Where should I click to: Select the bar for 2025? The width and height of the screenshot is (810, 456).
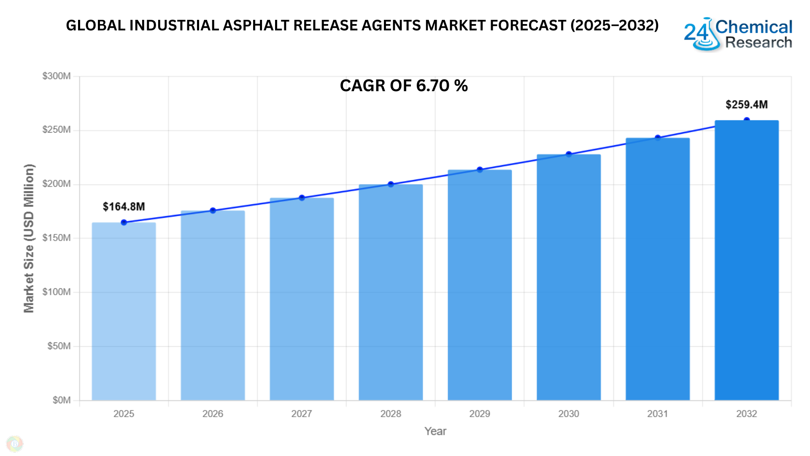[x=124, y=311]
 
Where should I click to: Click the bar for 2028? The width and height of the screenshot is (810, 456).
[x=391, y=292]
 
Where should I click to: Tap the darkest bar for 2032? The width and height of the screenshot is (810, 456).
[x=746, y=260]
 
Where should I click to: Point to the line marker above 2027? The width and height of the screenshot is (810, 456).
[x=302, y=198]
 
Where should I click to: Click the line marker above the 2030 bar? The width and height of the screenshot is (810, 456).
[x=569, y=154]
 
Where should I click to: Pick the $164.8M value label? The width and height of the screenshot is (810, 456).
[x=124, y=206]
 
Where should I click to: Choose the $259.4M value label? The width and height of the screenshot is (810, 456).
[x=746, y=104]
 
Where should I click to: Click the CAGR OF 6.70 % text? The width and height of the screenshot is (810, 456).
[x=404, y=86]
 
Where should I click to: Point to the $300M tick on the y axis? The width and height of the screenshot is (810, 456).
[x=57, y=76]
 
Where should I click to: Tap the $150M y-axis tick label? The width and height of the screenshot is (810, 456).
[x=57, y=238]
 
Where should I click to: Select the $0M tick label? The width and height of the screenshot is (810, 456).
[x=62, y=400]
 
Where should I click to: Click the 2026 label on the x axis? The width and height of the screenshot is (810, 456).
[x=213, y=414]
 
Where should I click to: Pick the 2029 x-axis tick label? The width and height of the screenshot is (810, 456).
[x=480, y=414]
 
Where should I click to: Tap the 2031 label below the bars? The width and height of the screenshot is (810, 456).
[x=657, y=414]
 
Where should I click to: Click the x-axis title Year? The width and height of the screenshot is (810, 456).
[x=435, y=431]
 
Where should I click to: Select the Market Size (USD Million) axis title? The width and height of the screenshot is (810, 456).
[x=29, y=238]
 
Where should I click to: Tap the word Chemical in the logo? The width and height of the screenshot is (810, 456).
[x=754, y=27]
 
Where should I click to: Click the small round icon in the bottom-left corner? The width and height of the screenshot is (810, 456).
[x=15, y=444]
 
